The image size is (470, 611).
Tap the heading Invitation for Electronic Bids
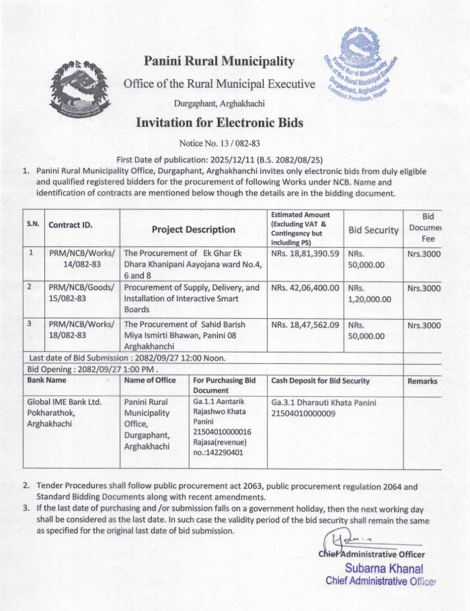tap(219, 123)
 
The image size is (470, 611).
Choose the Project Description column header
tap(194, 230)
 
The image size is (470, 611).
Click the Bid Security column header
tap(373, 230)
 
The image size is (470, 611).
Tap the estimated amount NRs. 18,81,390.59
tap(306, 254)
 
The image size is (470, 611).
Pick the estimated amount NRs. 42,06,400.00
tap(306, 288)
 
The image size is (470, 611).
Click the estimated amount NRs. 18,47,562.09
tap(306, 324)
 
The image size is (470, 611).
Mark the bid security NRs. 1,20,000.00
tap(369, 293)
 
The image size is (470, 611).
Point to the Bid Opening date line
tap(92, 369)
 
